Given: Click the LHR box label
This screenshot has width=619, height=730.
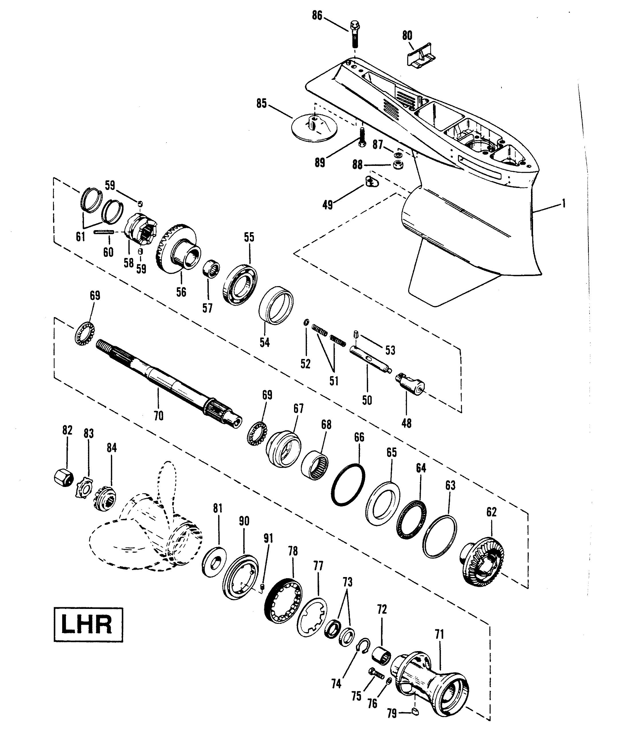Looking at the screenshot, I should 88,625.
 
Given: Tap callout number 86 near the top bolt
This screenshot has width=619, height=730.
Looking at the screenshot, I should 317,16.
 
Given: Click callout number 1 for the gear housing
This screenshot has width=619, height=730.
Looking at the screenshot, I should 564,203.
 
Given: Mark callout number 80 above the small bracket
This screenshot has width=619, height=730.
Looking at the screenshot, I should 407,36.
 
